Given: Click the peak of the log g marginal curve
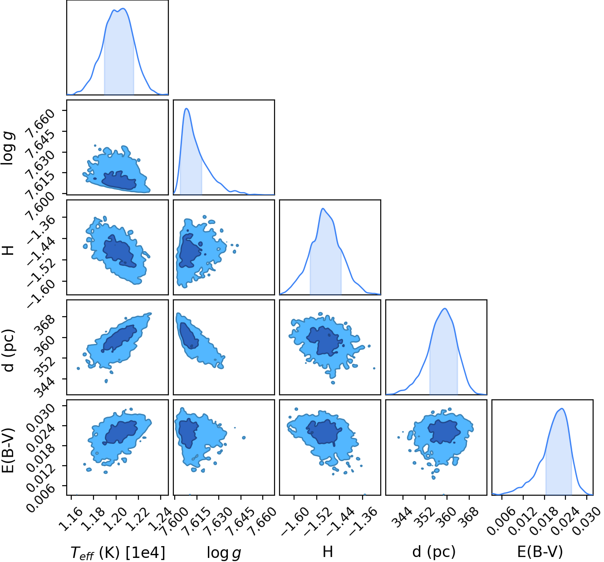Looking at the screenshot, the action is (x=187, y=109).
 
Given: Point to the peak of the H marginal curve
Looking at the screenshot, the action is (x=323, y=209).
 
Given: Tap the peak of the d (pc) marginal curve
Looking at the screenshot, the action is (x=445, y=308).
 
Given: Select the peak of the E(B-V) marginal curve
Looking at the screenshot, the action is (x=562, y=408).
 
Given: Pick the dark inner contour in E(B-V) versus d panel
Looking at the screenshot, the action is (x=444, y=432).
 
